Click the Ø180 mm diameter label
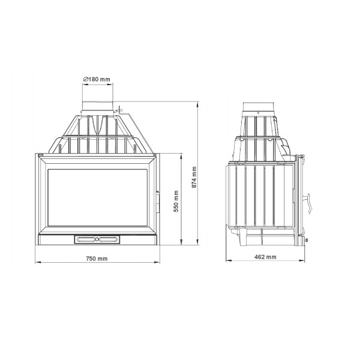[97, 79]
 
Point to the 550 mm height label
[176, 202]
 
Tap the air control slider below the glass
[97, 239]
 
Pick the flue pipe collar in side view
[259, 107]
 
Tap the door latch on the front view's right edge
[158, 202]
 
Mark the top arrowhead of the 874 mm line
[199, 103]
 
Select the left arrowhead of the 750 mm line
[36, 263]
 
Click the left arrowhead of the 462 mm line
[226, 262]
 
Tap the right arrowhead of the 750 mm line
[159, 263]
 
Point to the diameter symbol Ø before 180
[85, 79]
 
